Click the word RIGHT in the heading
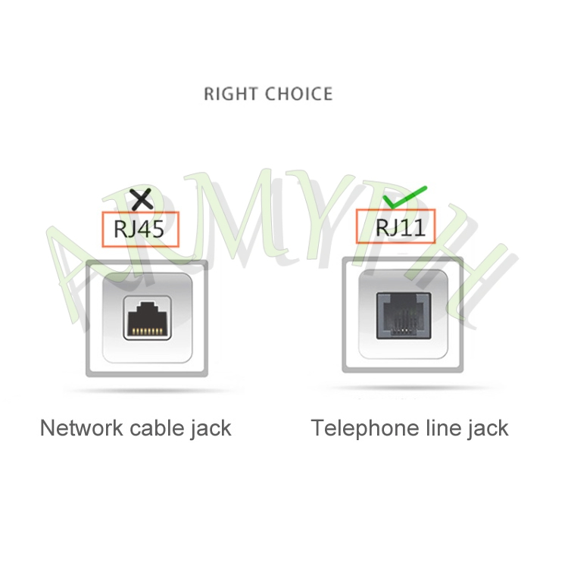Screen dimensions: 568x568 [231, 94]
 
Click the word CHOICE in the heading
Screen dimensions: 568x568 [299, 94]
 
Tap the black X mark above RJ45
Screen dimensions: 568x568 [142, 200]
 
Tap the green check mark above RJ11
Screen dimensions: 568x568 [404, 197]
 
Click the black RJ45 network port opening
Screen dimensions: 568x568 [147, 318]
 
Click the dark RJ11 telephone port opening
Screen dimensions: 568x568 [404, 316]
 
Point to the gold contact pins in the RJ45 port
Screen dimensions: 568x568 [147, 331]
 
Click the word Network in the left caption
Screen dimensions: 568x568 [82, 428]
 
